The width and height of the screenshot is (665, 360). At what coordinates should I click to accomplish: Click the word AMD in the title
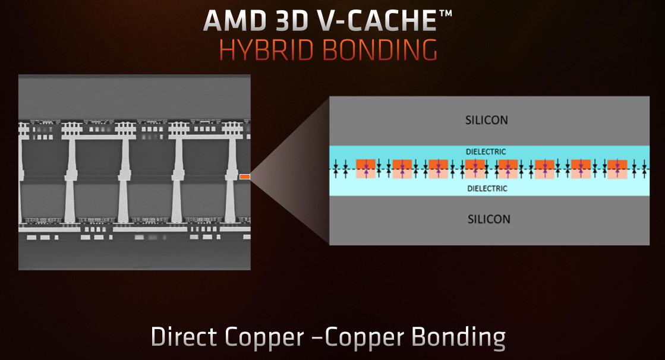point(233,20)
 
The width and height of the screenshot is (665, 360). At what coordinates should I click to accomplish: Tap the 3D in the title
point(291,20)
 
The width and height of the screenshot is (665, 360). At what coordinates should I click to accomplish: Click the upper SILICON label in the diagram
point(487,120)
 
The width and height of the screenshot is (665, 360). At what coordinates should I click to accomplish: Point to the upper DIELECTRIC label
point(487,152)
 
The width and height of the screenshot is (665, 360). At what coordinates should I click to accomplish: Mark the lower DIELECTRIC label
point(487,189)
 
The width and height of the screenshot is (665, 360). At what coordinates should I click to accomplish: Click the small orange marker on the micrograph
point(244,176)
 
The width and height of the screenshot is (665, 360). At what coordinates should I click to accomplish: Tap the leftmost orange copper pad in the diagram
point(365,169)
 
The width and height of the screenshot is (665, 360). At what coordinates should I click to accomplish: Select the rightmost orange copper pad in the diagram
point(617,169)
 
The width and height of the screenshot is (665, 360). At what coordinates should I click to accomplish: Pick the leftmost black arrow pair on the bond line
point(336,169)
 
